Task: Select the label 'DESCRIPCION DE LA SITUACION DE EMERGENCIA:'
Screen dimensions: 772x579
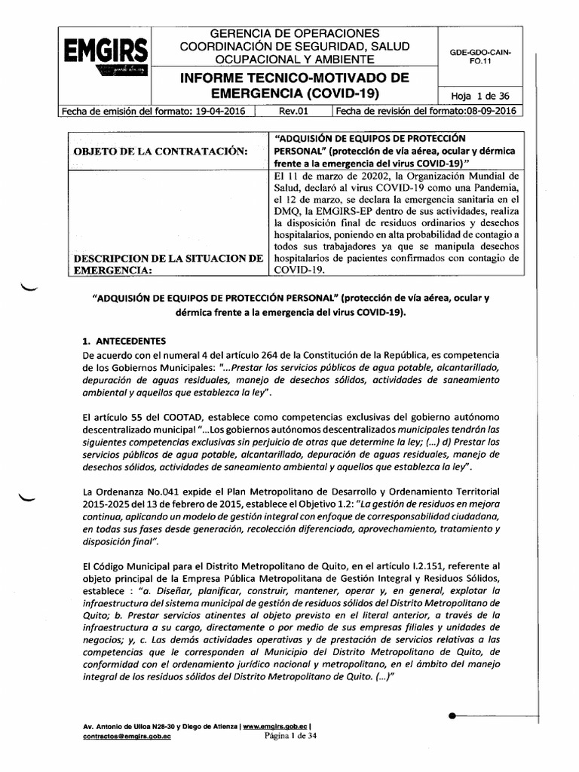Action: [167, 265]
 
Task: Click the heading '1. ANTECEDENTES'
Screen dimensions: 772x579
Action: [127, 340]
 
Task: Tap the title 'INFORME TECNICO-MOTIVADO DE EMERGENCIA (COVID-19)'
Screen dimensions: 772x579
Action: [291, 85]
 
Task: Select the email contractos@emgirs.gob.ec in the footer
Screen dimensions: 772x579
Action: [127, 738]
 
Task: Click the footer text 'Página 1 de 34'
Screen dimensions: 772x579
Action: [291, 737]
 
